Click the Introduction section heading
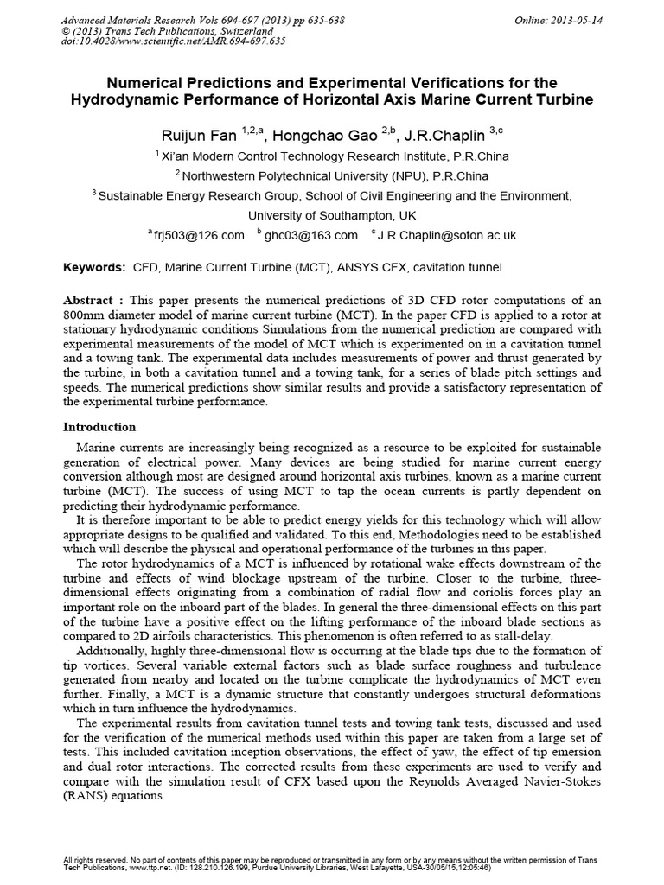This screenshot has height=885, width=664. (99, 427)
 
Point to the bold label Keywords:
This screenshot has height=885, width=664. (95, 268)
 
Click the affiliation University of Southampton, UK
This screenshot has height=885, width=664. (332, 214)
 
